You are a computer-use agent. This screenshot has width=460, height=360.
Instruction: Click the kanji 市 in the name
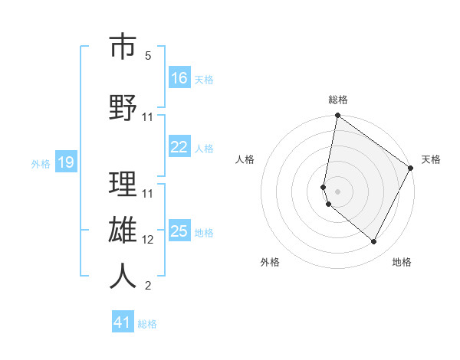click(x=123, y=47)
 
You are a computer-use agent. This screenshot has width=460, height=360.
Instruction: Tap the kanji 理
click(x=123, y=185)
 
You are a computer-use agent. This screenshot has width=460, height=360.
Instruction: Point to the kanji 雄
click(x=123, y=231)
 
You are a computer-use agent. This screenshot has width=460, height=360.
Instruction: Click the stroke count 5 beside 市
click(x=148, y=56)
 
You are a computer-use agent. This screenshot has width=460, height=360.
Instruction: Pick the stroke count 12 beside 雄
click(x=148, y=240)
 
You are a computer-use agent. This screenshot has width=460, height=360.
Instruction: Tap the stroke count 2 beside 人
click(x=148, y=286)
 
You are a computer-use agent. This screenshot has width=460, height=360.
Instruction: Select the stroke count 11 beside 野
click(x=148, y=117)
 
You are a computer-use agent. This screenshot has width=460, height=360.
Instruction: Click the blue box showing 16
click(x=179, y=78)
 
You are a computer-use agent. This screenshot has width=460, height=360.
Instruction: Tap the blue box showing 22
click(x=179, y=147)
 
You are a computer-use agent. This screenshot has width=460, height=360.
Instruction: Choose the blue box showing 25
click(x=179, y=231)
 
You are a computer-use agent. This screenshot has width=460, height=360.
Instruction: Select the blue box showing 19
click(x=65, y=162)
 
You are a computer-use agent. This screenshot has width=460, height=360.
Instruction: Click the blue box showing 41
click(x=123, y=322)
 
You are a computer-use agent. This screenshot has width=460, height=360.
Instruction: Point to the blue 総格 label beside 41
click(x=147, y=324)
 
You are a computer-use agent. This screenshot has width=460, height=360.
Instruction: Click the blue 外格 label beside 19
click(x=40, y=163)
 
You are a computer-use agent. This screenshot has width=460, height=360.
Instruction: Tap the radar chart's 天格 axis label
click(x=431, y=159)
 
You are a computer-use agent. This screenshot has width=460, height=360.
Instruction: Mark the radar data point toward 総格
click(x=337, y=116)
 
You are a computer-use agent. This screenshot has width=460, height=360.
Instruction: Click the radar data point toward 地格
click(x=373, y=242)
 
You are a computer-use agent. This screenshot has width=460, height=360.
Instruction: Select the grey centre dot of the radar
click(x=337, y=191)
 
